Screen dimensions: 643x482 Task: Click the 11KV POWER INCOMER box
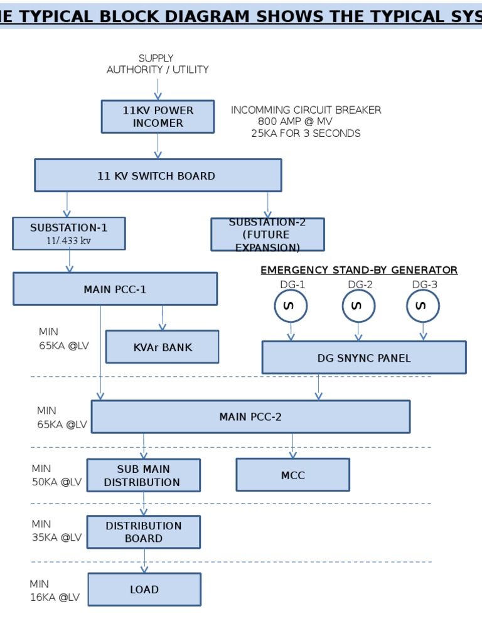click(158, 117)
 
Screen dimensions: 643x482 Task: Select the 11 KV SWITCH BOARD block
click(158, 175)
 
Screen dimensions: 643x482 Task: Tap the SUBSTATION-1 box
click(69, 234)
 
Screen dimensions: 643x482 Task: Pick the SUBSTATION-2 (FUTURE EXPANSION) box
click(267, 235)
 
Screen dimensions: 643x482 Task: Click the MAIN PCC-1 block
click(115, 289)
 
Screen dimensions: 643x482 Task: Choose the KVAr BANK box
click(162, 347)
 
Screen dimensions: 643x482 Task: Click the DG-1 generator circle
click(291, 306)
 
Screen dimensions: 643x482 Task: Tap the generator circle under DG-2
click(358, 306)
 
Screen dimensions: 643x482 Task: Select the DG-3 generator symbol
click(423, 306)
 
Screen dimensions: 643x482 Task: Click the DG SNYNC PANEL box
click(363, 358)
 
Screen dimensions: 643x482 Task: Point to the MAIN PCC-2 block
click(250, 416)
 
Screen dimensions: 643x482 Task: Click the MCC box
click(292, 475)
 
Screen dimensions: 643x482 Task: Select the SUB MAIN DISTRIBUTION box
click(143, 475)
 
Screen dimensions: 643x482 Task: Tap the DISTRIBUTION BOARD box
click(143, 532)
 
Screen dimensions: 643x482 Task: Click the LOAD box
click(144, 589)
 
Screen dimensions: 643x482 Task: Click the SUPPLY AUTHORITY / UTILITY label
click(158, 64)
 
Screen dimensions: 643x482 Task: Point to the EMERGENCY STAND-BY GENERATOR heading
click(359, 270)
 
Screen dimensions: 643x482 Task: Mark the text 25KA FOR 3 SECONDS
click(306, 133)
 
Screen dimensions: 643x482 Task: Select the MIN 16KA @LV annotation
click(55, 591)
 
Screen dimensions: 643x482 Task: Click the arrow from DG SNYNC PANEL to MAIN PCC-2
click(318, 387)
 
